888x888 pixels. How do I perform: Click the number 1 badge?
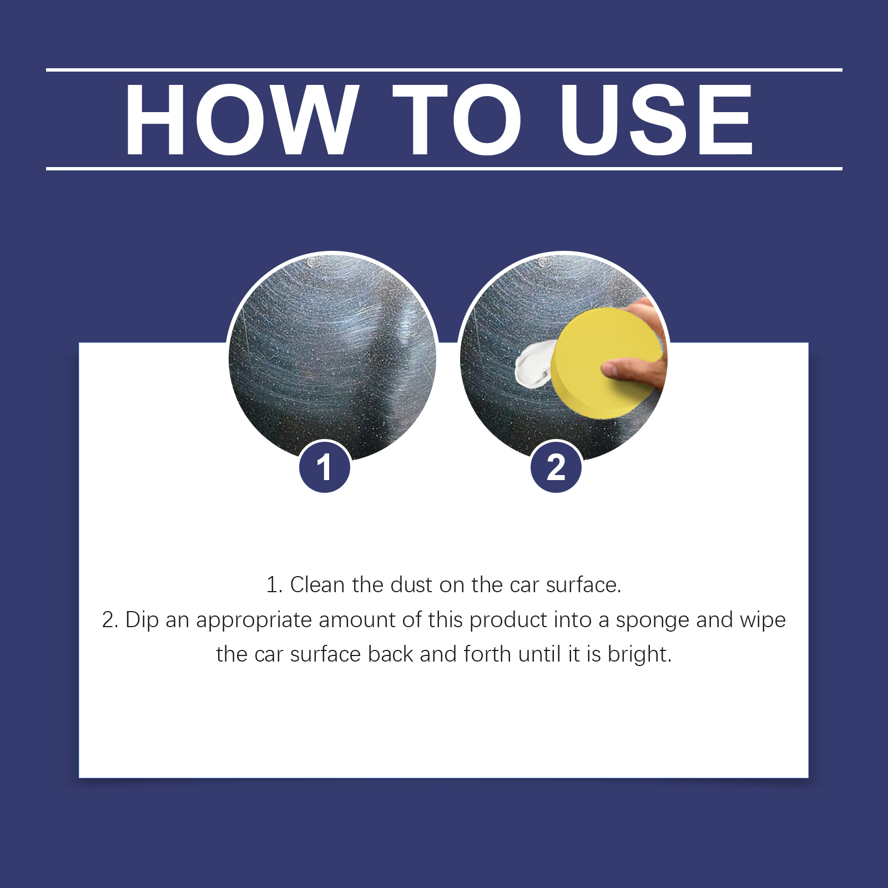(325, 467)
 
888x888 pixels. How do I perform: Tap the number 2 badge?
(556, 467)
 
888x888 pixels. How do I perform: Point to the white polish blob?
(533, 364)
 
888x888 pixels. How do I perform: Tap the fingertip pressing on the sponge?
(613, 367)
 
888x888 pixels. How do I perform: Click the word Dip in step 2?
(142, 620)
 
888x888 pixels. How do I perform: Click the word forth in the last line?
(487, 654)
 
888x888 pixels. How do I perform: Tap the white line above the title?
(444, 70)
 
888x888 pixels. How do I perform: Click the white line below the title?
(444, 168)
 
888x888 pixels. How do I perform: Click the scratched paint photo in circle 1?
(332, 355)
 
